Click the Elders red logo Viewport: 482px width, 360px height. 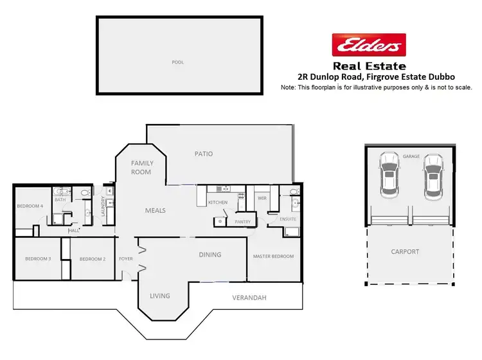point(368,46)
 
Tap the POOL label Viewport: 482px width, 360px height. point(178,62)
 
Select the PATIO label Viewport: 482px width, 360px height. point(204,154)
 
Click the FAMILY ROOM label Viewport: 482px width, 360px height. point(141,168)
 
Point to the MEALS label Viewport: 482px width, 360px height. point(156,210)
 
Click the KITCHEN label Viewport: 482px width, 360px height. point(218,203)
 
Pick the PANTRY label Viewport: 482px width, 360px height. point(242,222)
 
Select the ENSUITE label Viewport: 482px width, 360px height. point(288,219)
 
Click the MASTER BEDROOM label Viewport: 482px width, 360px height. point(273,256)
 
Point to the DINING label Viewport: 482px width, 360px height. point(210,255)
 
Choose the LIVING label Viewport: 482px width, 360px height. point(160,296)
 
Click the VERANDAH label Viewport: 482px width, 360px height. point(251,298)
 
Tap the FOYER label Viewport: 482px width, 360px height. point(125,258)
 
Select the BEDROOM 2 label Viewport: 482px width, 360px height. point(93,259)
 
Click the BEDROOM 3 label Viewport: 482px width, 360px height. point(37,258)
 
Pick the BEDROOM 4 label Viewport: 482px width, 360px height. point(30,206)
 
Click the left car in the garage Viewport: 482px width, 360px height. point(388,174)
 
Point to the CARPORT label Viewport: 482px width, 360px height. point(405,251)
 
